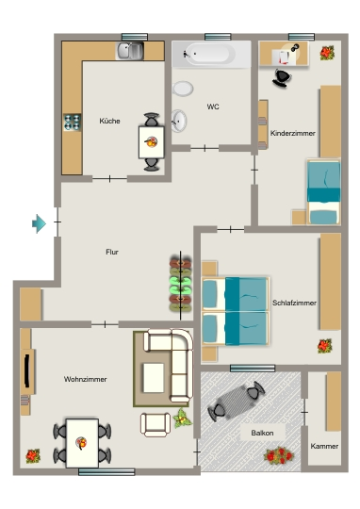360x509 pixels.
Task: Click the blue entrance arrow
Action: pos(39,223)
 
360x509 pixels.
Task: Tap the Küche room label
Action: pos(109,121)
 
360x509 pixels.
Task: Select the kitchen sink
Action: pos(130,51)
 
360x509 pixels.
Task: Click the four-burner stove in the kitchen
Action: pos(72,123)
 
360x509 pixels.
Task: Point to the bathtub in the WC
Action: pos(211,54)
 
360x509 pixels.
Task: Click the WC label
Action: pos(213,107)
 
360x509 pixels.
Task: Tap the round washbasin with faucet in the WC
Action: pos(179,121)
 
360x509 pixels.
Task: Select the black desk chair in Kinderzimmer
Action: pos(282,78)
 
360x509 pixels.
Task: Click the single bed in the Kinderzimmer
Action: pos(324,191)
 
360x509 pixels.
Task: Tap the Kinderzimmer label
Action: pos(293,134)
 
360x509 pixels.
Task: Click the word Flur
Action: pos(112,252)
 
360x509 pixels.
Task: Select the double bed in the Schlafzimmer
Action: pos(236,311)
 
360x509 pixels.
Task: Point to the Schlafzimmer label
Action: pos(294,303)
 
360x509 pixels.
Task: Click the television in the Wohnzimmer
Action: pos(27,371)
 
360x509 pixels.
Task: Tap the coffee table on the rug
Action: pos(154,378)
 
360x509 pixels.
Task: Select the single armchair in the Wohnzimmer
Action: pos(155,424)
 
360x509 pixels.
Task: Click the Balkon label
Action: pos(262,433)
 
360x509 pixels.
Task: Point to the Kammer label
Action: pos(324,447)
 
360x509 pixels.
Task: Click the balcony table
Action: pos(237,402)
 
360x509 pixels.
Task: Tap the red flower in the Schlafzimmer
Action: pos(324,346)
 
